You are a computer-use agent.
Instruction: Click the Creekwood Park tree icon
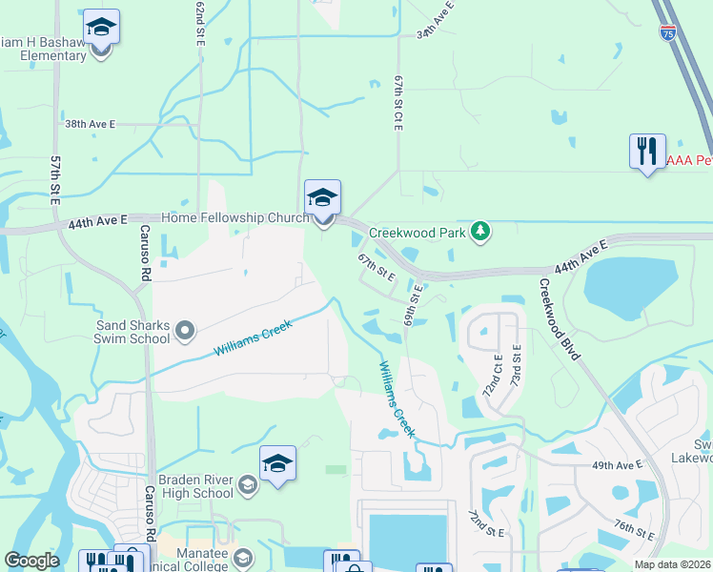(482, 231)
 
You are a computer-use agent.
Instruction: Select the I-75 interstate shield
(668, 32)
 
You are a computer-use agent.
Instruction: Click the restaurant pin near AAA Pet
(647, 152)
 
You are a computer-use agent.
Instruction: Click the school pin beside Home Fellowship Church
(322, 199)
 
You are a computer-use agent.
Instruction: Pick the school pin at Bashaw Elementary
(101, 29)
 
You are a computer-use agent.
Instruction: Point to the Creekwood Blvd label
(560, 318)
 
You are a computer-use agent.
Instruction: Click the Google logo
(32, 561)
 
